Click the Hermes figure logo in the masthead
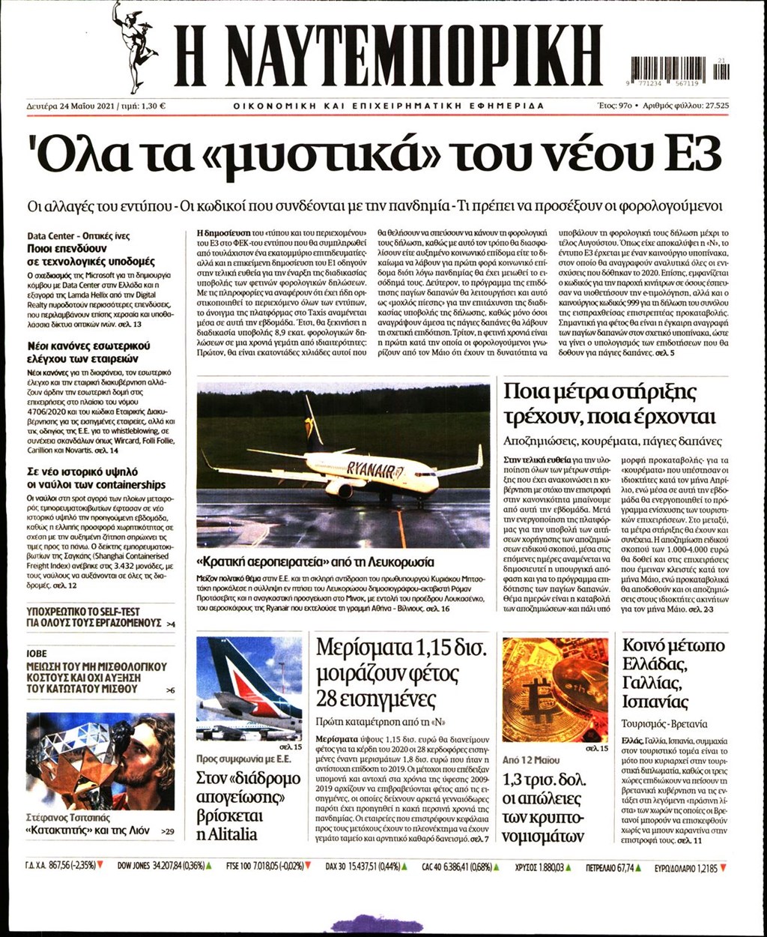click(133, 45)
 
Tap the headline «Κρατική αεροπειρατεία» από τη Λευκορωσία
click(315, 561)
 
